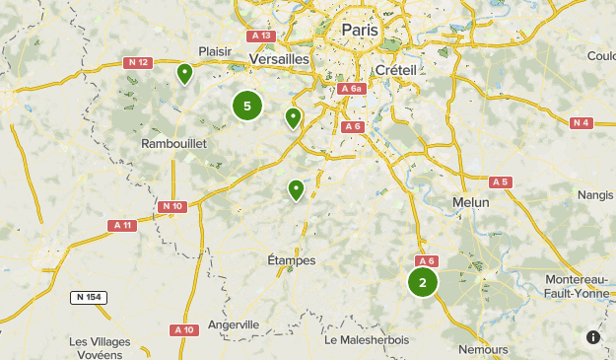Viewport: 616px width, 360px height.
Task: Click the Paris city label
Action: [359, 30]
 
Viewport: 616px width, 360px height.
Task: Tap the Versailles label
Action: [280, 59]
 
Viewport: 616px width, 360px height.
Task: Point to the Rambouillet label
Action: [173, 144]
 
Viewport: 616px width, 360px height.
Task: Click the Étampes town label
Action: [292, 260]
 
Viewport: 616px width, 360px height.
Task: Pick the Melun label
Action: [469, 201]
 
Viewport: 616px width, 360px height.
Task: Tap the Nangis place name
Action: [595, 194]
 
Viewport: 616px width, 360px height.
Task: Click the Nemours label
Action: [483, 349]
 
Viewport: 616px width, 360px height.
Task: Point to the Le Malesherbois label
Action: [367, 339]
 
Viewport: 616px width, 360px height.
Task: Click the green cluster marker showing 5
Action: [247, 106]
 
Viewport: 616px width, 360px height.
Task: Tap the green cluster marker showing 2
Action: [423, 282]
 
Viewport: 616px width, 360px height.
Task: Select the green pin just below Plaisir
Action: [184, 72]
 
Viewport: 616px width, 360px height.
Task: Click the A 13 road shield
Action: [261, 36]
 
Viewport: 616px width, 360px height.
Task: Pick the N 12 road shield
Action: [138, 63]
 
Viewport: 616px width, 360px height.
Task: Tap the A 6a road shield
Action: [351, 89]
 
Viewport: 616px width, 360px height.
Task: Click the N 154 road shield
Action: [89, 297]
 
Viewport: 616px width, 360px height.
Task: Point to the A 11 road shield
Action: [121, 225]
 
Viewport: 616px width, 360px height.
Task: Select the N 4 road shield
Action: [581, 122]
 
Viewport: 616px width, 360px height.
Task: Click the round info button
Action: [593, 337]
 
